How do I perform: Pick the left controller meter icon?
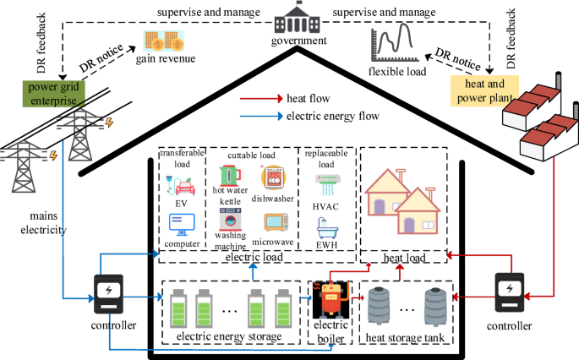coord(109,296)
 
